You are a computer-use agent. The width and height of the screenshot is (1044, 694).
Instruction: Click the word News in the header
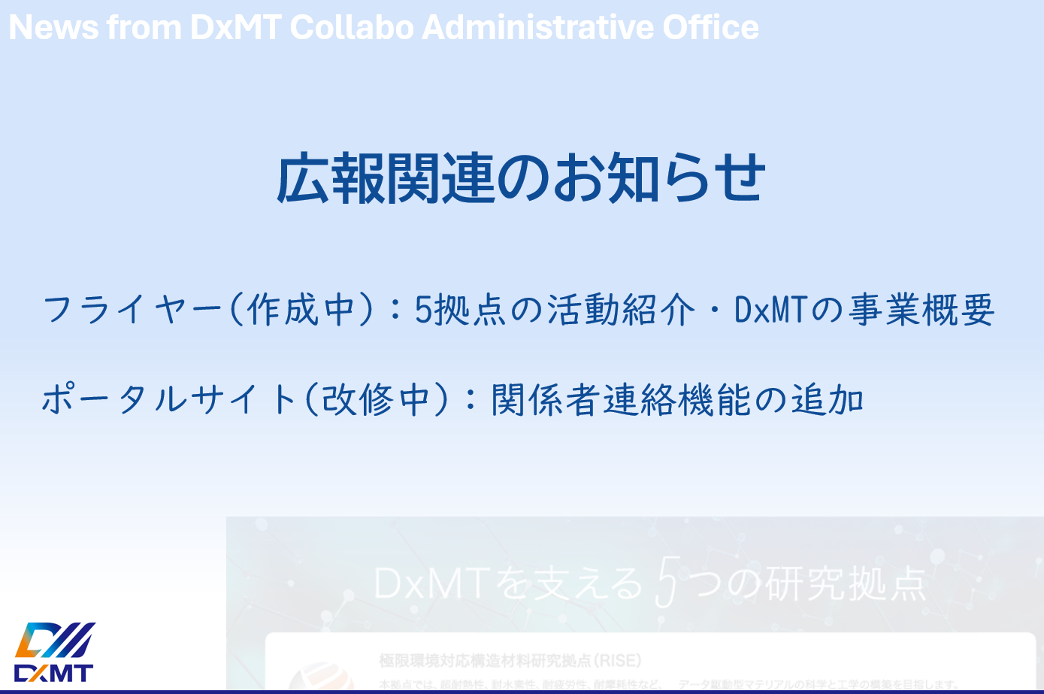point(53,28)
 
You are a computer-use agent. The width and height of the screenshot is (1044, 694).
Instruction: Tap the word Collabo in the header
point(352,28)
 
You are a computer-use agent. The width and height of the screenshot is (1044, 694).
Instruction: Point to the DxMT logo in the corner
point(54,652)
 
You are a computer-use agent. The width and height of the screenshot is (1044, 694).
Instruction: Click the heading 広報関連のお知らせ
point(521,179)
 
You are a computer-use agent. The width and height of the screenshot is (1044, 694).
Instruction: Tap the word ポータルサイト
point(168,399)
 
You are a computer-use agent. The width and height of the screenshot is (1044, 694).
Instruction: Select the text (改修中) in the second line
point(377,399)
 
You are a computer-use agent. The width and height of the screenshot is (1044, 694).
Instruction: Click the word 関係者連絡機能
point(621,399)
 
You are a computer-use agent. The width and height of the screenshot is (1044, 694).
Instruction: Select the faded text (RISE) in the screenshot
point(617,661)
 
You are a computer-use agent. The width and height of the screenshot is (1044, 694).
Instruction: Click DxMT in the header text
point(235,28)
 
